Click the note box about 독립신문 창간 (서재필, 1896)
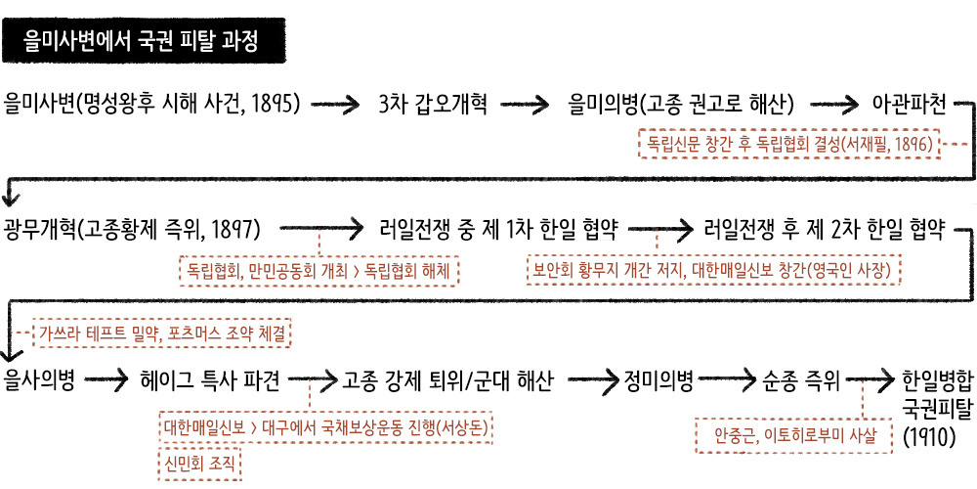click(787, 144)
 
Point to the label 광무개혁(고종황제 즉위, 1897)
click(132, 230)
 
